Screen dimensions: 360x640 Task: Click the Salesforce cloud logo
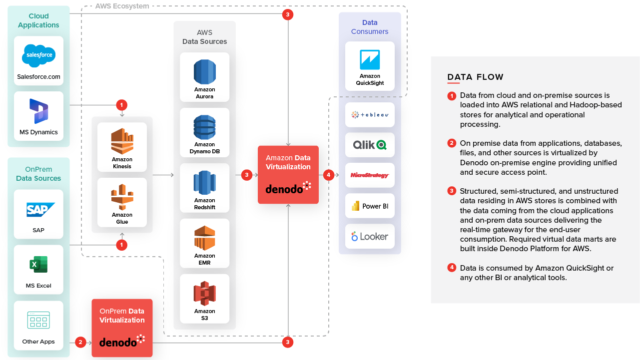coord(38,55)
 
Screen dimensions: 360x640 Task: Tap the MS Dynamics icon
coord(38,111)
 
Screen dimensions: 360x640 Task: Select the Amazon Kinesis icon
coord(122,141)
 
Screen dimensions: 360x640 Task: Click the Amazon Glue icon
coord(122,196)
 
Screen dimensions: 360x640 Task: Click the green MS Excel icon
coord(38,265)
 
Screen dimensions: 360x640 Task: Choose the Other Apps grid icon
coord(38,320)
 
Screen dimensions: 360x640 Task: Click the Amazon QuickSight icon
coord(370,60)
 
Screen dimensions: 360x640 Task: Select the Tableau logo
coord(370,115)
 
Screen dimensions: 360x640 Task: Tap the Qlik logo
coord(370,145)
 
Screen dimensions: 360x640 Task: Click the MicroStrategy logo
coord(370,175)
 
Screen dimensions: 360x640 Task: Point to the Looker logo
coord(370,236)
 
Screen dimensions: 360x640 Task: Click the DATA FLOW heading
coord(475,77)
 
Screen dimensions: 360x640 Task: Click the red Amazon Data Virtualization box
coord(288,174)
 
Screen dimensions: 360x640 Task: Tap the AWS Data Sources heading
coord(204,37)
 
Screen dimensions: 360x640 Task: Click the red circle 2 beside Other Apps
coord(80,342)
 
